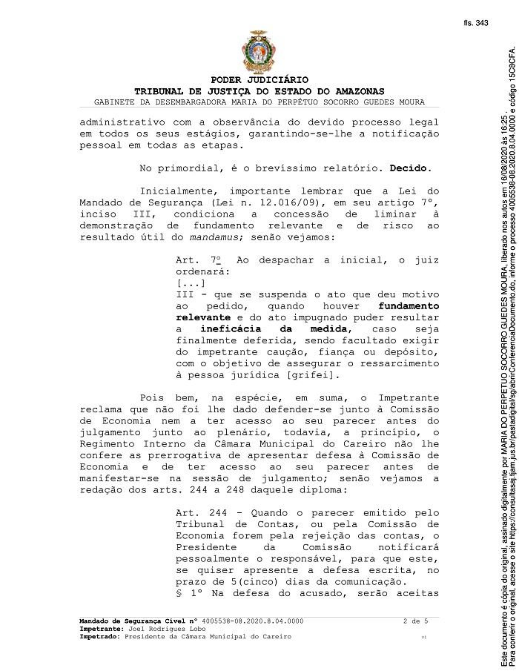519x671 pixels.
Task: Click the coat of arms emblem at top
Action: coord(259,52)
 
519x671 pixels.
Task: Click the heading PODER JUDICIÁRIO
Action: coord(259,79)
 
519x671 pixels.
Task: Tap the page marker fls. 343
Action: coord(476,23)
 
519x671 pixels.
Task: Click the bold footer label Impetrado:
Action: coord(100,636)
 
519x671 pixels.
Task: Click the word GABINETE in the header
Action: coord(116,102)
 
